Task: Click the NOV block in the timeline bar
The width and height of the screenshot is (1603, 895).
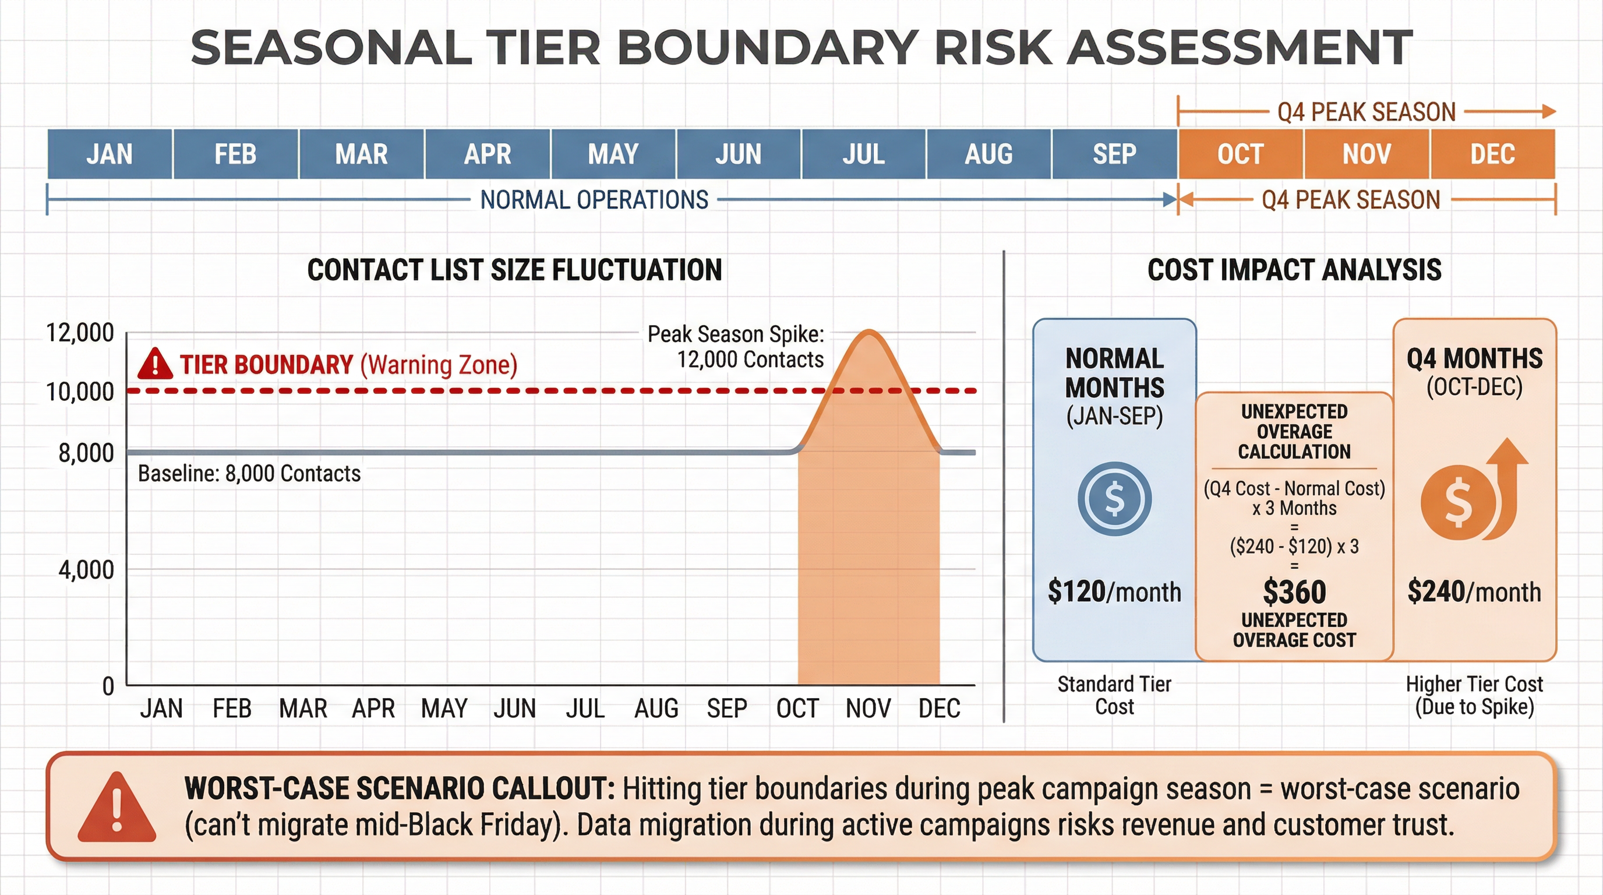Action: click(x=1367, y=154)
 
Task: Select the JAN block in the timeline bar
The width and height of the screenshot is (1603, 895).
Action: click(x=110, y=154)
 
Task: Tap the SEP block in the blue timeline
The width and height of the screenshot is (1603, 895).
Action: click(x=1114, y=154)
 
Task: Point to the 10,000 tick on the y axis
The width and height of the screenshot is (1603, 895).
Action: click(x=80, y=392)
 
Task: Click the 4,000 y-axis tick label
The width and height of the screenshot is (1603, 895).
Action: click(x=86, y=569)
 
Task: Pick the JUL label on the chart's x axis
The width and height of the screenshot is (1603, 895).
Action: click(x=585, y=709)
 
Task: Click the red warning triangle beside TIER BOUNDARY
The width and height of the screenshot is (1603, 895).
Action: click(x=155, y=364)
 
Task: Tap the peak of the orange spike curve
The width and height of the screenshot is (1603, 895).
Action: click(x=868, y=332)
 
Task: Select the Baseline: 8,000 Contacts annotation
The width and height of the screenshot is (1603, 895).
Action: click(x=249, y=474)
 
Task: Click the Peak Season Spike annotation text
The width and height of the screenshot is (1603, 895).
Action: click(x=736, y=347)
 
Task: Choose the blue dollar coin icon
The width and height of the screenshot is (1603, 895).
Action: click(x=1114, y=499)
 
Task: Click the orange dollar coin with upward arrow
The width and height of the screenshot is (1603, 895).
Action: click(x=1472, y=495)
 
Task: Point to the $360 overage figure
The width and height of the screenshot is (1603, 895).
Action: click(x=1294, y=591)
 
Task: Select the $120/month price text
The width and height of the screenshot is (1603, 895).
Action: click(x=1114, y=591)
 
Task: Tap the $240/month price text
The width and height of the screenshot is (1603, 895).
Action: click(x=1474, y=591)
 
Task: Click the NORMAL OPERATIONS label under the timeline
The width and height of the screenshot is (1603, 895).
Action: click(x=594, y=200)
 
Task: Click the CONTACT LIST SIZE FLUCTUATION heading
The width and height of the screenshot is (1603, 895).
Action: click(x=515, y=270)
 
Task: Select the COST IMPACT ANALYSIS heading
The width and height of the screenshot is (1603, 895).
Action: click(x=1294, y=270)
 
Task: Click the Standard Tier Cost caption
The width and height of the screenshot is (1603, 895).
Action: click(x=1114, y=695)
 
